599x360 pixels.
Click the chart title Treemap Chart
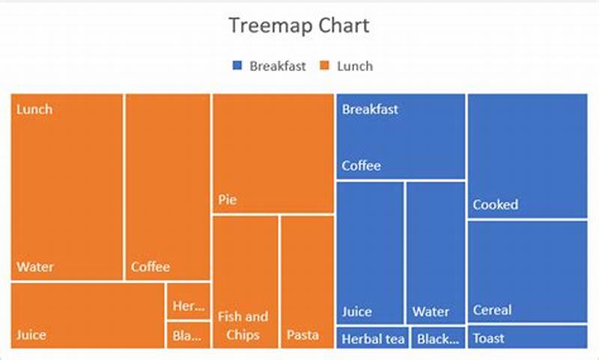[299, 26]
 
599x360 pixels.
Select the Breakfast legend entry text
[278, 66]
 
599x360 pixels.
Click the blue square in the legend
[237, 66]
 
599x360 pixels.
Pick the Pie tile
[273, 153]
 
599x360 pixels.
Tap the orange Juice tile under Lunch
[88, 315]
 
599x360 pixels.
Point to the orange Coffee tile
[168, 187]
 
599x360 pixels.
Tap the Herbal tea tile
[372, 338]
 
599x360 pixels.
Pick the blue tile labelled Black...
[438, 338]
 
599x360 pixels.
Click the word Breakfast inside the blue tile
[370, 109]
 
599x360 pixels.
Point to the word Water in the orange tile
[35, 266]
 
